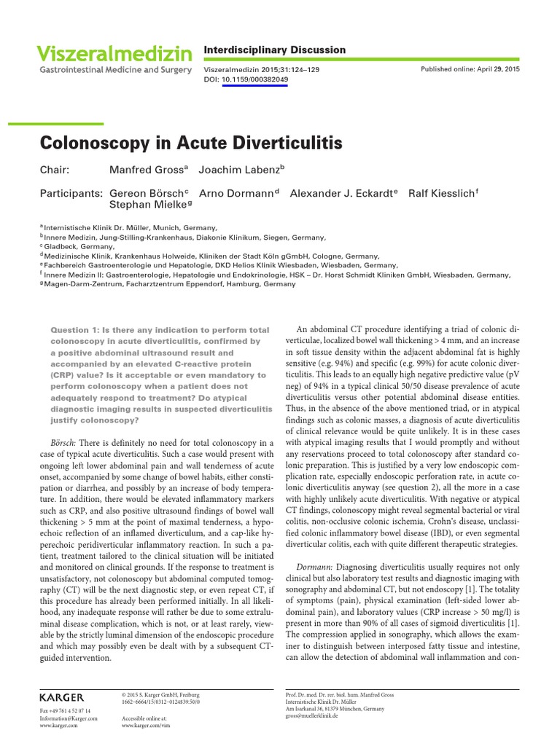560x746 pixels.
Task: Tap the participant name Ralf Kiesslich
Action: click(x=442, y=194)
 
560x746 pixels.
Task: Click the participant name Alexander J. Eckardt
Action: click(x=343, y=194)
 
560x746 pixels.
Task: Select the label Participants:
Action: click(x=71, y=194)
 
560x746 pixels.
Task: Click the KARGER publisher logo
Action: click(x=62, y=697)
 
